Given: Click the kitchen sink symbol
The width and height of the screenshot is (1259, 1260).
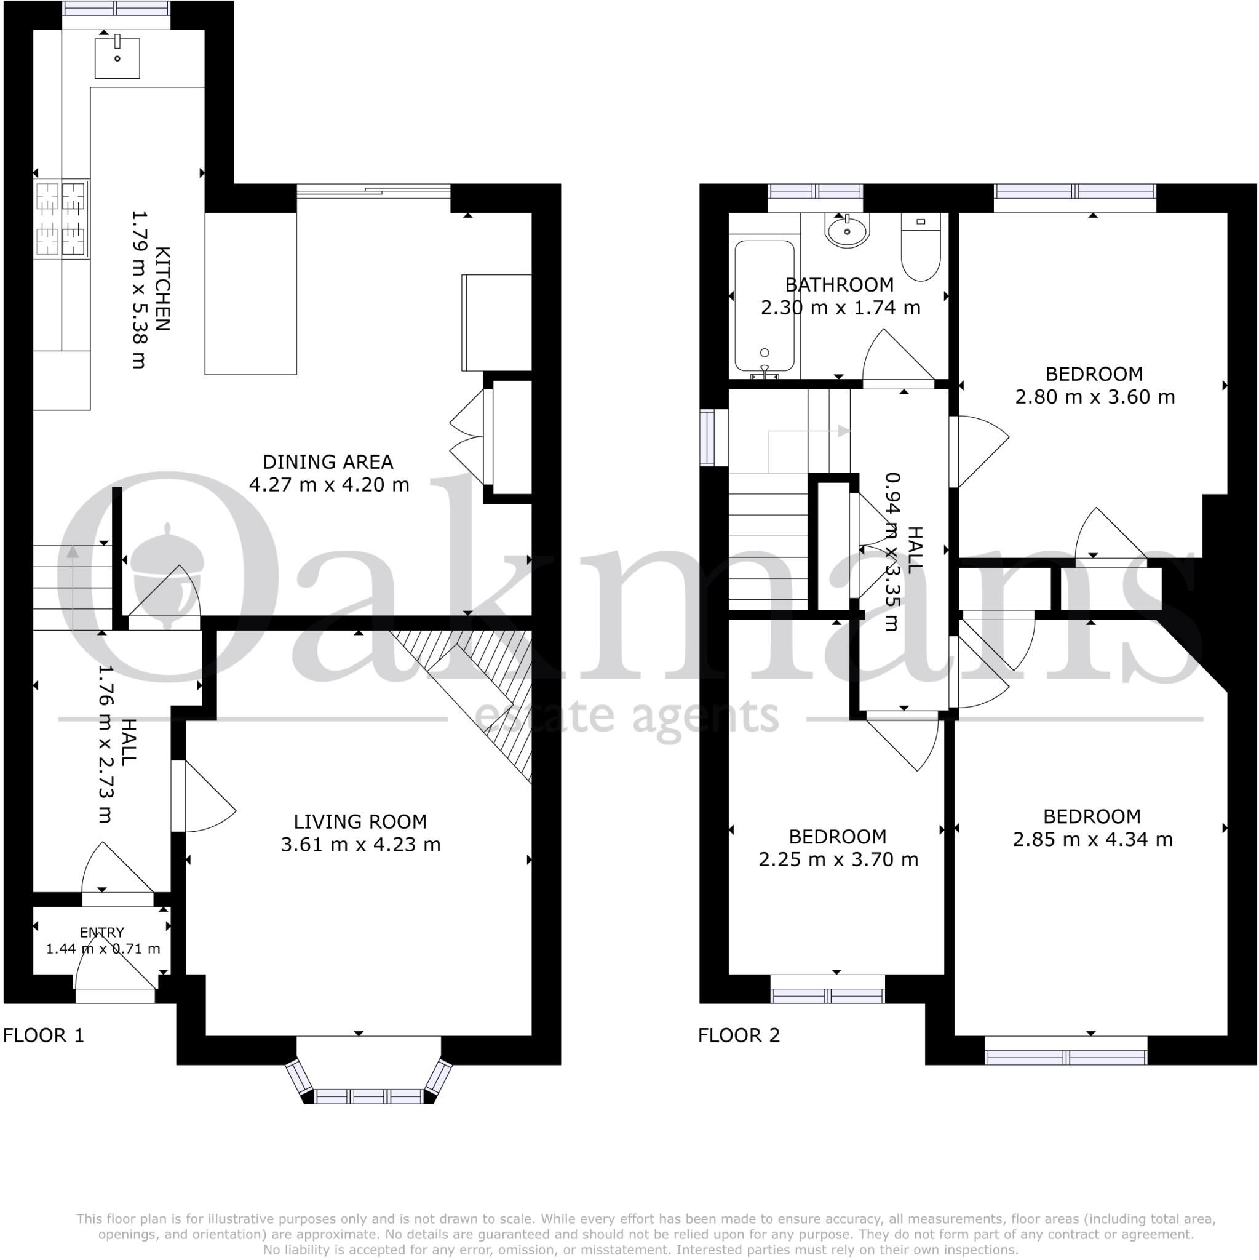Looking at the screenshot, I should click(x=117, y=57).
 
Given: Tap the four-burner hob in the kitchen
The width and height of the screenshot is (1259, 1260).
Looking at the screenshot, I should click(x=62, y=218).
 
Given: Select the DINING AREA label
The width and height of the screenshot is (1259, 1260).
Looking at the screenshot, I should click(x=327, y=463).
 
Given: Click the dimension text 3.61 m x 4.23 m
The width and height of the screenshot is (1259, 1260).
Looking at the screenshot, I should click(x=360, y=845).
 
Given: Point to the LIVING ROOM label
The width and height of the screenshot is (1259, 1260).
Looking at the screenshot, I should click(x=360, y=822).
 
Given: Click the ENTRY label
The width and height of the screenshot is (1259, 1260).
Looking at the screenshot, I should click(x=101, y=933).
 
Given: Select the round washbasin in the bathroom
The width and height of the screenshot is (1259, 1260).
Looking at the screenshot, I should click(x=846, y=231).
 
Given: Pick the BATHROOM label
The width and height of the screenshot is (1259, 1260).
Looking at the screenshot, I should click(x=839, y=285).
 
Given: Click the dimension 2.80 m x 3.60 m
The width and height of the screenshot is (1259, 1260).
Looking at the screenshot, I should click(x=1095, y=397).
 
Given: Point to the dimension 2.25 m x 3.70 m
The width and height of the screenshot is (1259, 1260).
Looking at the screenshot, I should click(x=838, y=859).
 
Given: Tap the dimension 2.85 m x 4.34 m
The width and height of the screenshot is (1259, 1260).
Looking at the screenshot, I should click(x=1093, y=839).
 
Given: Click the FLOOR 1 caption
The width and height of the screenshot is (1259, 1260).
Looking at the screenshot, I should click(x=44, y=1035).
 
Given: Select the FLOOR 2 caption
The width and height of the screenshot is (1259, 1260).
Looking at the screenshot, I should click(x=739, y=1035).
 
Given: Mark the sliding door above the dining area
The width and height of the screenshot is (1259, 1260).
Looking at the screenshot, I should click(x=373, y=191).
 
